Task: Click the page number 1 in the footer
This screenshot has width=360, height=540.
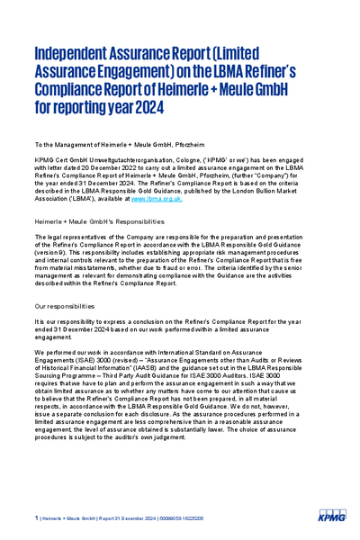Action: [x=36, y=518]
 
